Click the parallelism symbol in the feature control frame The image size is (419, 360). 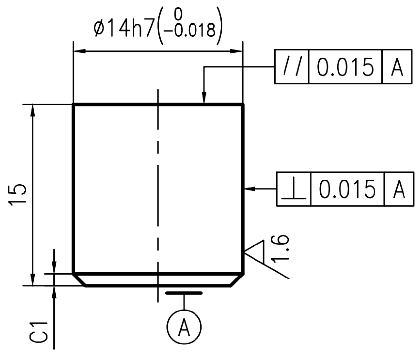(x=291, y=67)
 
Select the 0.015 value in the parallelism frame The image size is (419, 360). (x=345, y=67)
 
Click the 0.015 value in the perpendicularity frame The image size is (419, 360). (x=347, y=189)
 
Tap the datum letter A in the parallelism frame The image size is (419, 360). (x=397, y=67)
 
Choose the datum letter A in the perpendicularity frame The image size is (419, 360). (x=399, y=189)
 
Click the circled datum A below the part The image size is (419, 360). (x=184, y=327)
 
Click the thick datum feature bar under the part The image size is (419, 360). (x=184, y=293)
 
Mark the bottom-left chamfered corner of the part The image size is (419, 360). (x=79, y=280)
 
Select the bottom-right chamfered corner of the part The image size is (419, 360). (x=237, y=280)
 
